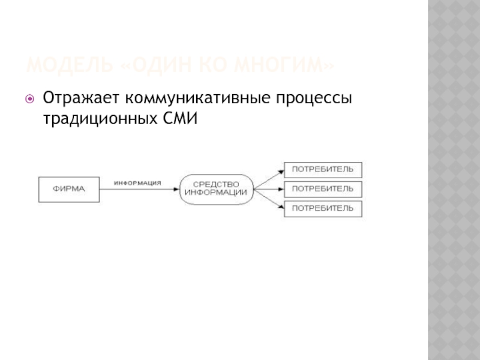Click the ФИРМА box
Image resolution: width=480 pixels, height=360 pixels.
(x=69, y=189)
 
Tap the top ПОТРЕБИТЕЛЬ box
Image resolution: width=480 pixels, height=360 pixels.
(x=323, y=169)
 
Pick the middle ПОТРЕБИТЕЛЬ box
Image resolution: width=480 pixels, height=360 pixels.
(x=323, y=189)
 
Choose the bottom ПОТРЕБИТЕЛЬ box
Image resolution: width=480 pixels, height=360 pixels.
(x=323, y=208)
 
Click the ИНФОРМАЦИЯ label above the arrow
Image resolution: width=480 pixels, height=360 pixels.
(x=137, y=183)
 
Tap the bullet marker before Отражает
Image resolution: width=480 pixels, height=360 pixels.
(x=28, y=98)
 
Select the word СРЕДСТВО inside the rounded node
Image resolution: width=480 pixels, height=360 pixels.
(x=216, y=184)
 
